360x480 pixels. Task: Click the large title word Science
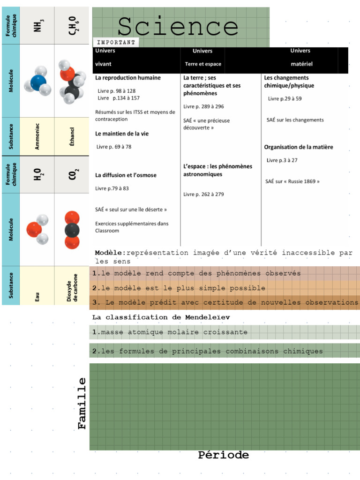(178, 27)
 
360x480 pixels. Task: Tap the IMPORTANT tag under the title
(116, 42)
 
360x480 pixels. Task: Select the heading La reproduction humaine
(128, 78)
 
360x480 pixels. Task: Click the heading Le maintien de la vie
(122, 134)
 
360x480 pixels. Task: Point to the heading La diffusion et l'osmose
(126, 175)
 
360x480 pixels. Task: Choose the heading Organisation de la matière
(299, 147)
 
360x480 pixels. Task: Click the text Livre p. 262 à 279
(203, 194)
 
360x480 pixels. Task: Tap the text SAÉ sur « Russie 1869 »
(292, 181)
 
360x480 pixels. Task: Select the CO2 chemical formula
(72, 175)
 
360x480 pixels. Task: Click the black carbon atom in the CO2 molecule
(72, 229)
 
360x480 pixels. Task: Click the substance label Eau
(37, 297)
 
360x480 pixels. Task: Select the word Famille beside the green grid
(82, 403)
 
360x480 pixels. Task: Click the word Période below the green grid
(223, 455)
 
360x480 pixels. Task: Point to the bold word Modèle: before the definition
(110, 253)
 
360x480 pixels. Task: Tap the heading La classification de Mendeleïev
(161, 317)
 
